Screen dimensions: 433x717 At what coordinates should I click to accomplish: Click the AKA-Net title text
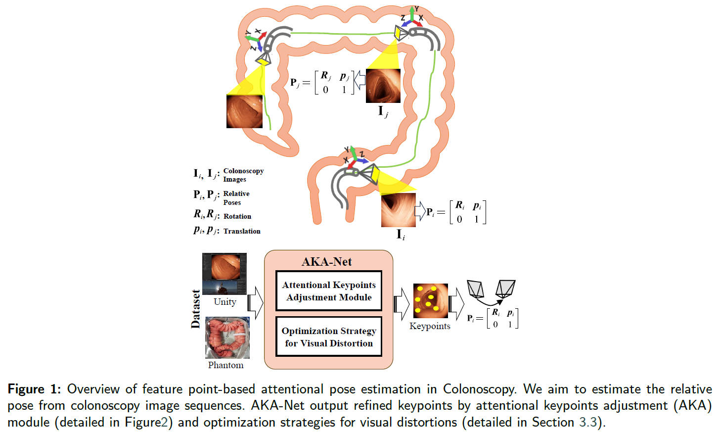coord(327,262)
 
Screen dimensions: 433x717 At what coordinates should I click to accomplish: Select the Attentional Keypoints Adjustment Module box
coord(329,291)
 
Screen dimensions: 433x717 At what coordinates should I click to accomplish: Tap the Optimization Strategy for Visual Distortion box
coord(329,337)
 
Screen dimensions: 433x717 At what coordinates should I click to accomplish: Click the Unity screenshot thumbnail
coord(224,274)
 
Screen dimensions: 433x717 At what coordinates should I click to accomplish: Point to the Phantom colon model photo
coord(227,338)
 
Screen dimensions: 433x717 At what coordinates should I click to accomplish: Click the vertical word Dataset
coord(196,309)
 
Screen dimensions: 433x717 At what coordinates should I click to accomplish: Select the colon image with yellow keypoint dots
coord(430,301)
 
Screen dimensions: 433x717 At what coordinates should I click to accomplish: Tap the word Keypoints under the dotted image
coord(430,326)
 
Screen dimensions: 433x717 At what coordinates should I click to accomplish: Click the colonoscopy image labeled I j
coord(383,86)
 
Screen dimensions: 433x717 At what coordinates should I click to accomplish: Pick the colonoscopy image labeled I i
coord(398,210)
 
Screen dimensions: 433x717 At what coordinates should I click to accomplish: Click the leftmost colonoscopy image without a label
coord(244,111)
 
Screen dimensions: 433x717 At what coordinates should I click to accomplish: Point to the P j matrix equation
coord(322,82)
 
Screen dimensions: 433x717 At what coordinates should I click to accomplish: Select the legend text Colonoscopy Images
coord(243,175)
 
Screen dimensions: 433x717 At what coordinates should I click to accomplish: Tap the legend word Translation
coord(241,231)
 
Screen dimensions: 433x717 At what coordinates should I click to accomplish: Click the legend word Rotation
coord(237,216)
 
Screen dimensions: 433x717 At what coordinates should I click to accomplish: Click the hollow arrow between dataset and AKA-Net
coord(255,302)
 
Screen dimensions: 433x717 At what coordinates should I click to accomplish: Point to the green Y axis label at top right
coord(416,9)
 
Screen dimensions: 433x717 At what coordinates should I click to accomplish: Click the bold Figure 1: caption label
coord(34,389)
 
